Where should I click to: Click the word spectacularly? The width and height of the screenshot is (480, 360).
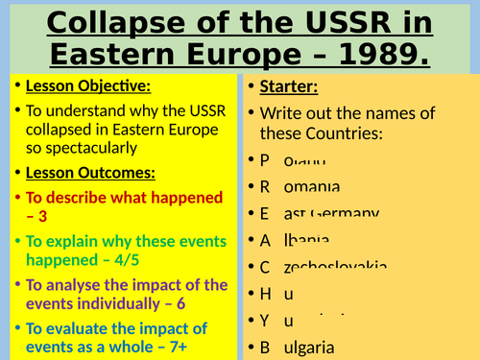point(86,149)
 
